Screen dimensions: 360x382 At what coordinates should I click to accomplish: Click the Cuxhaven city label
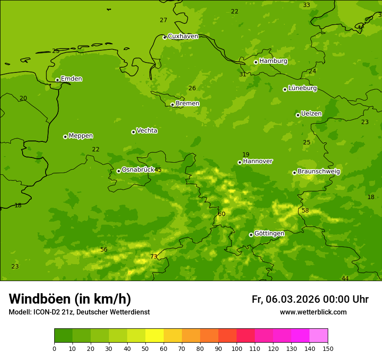(x=183, y=36)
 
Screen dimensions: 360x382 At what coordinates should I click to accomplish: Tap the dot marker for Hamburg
(x=256, y=62)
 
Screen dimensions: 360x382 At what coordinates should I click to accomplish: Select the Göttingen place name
(x=269, y=233)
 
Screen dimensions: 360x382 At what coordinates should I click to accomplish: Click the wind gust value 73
(x=154, y=256)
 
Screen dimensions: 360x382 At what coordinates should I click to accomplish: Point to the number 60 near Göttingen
(x=222, y=214)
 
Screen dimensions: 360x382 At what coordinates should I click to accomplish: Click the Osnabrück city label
(x=138, y=170)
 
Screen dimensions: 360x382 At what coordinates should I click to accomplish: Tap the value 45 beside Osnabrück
(x=158, y=170)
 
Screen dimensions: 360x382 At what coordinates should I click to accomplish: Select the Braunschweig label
(x=319, y=171)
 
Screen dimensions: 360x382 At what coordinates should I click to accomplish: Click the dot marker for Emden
(x=57, y=80)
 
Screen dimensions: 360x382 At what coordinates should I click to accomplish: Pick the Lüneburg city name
(x=302, y=88)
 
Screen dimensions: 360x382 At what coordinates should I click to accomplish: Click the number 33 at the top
(x=306, y=5)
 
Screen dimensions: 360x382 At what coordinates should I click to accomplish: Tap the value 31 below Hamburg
(x=243, y=74)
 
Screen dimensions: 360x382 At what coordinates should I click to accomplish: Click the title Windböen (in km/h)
(x=70, y=299)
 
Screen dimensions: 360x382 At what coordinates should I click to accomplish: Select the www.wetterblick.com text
(x=313, y=312)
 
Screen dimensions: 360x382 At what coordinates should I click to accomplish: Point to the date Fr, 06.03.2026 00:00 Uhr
(x=310, y=299)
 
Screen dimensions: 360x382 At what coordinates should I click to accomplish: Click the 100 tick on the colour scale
(x=237, y=348)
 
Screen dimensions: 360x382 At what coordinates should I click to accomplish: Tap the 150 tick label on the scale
(x=327, y=348)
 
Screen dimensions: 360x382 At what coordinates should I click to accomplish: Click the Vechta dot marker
(x=133, y=132)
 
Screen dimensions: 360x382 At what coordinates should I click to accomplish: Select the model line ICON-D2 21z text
(x=79, y=312)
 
